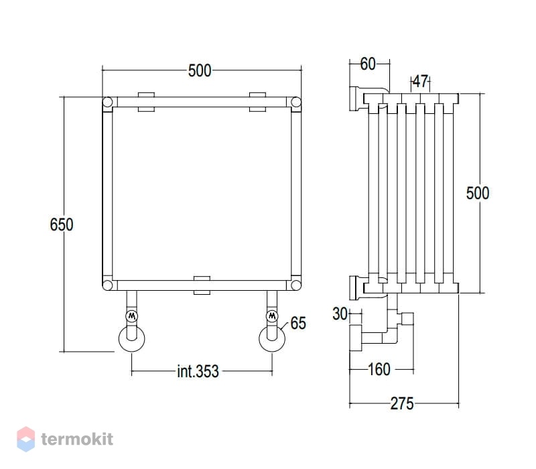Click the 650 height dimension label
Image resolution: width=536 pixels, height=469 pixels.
point(62,224)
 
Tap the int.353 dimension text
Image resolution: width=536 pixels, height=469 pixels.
point(198,371)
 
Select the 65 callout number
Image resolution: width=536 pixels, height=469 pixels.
point(298,323)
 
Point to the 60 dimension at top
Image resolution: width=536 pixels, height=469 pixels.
point(368,64)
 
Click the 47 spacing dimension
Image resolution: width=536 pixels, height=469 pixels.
point(420,81)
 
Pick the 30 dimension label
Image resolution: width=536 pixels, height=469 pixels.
point(340,314)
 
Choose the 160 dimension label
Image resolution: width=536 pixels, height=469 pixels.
point(379,369)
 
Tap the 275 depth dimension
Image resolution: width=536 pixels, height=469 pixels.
point(402,403)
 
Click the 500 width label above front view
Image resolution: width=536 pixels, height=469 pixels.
point(200,71)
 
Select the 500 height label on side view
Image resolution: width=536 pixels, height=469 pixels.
point(478,193)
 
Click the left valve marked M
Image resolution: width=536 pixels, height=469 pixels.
point(131,316)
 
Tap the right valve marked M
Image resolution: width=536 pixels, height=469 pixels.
point(272,316)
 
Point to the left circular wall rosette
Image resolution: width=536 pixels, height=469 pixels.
point(131,338)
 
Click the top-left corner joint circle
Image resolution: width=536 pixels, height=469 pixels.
point(107,102)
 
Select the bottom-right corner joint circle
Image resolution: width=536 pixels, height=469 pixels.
point(296,285)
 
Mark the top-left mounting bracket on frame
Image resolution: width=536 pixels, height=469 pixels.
point(146,102)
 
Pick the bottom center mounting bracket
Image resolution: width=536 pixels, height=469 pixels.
point(202,285)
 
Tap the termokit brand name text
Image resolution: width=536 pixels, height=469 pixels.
point(77,440)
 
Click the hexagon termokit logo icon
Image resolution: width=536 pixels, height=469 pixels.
point(26,439)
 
